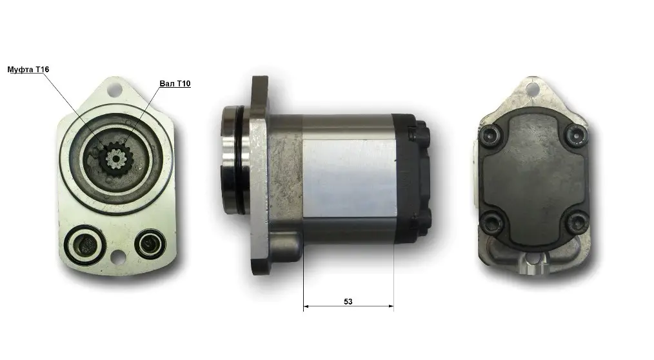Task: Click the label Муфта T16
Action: click(28, 69)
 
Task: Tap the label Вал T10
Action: click(175, 83)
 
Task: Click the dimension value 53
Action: click(348, 301)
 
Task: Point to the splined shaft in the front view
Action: click(115, 158)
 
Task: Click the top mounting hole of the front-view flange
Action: click(115, 89)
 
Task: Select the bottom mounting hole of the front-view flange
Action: click(118, 256)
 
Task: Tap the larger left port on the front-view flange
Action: click(86, 245)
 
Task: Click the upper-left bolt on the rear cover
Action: click(488, 134)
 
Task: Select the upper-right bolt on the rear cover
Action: click(577, 134)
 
